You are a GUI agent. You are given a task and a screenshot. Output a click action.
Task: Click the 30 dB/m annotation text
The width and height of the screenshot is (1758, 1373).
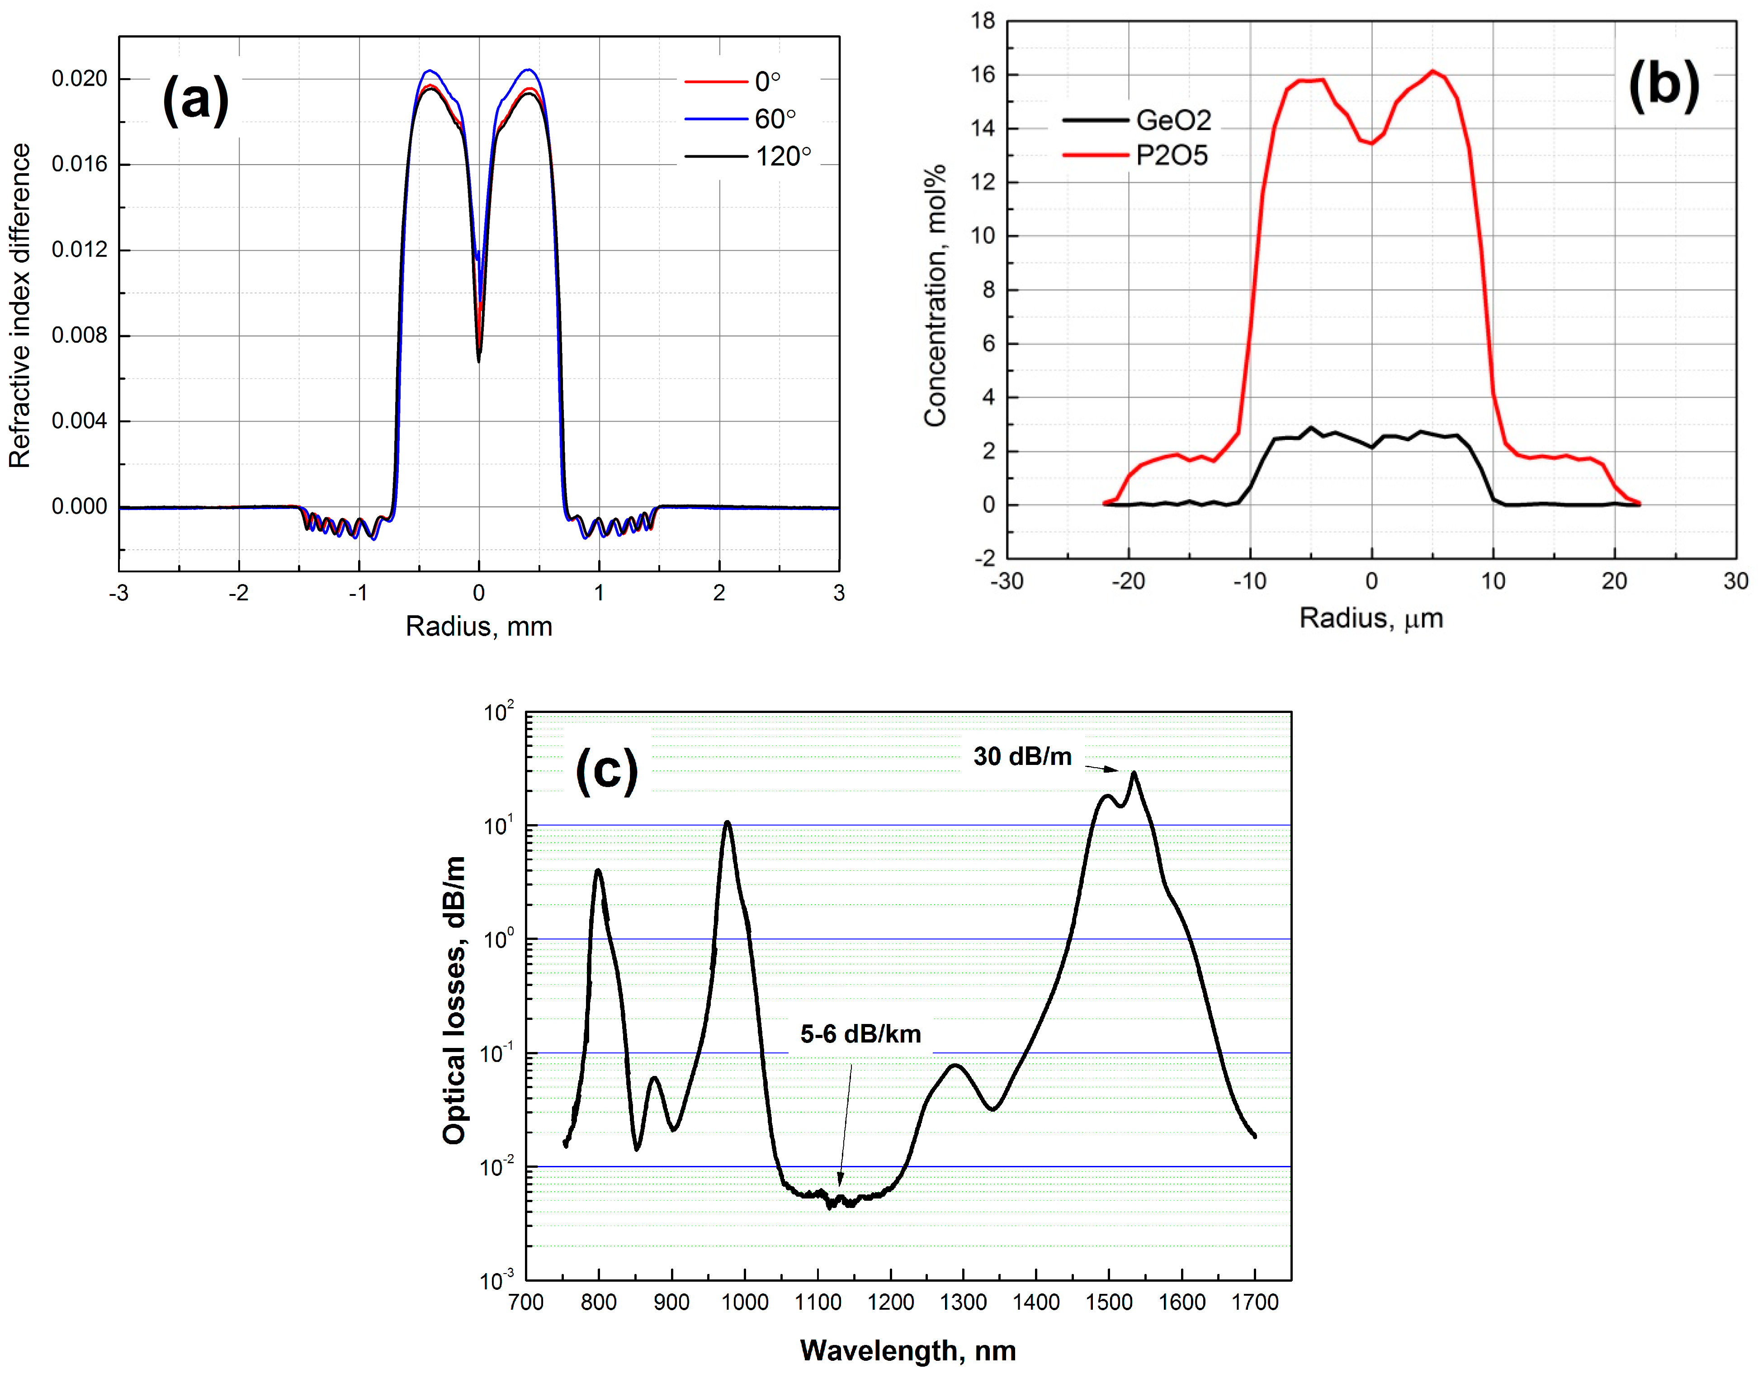pos(1022,756)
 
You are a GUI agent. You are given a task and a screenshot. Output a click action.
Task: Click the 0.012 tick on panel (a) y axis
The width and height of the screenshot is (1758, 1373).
pos(79,250)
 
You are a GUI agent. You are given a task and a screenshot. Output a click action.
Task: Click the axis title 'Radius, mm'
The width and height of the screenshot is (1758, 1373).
pos(479,626)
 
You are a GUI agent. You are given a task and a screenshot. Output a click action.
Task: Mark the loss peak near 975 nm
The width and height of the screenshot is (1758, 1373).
pos(728,822)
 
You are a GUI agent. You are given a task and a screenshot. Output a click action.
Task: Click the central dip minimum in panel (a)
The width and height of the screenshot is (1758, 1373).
pos(479,361)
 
